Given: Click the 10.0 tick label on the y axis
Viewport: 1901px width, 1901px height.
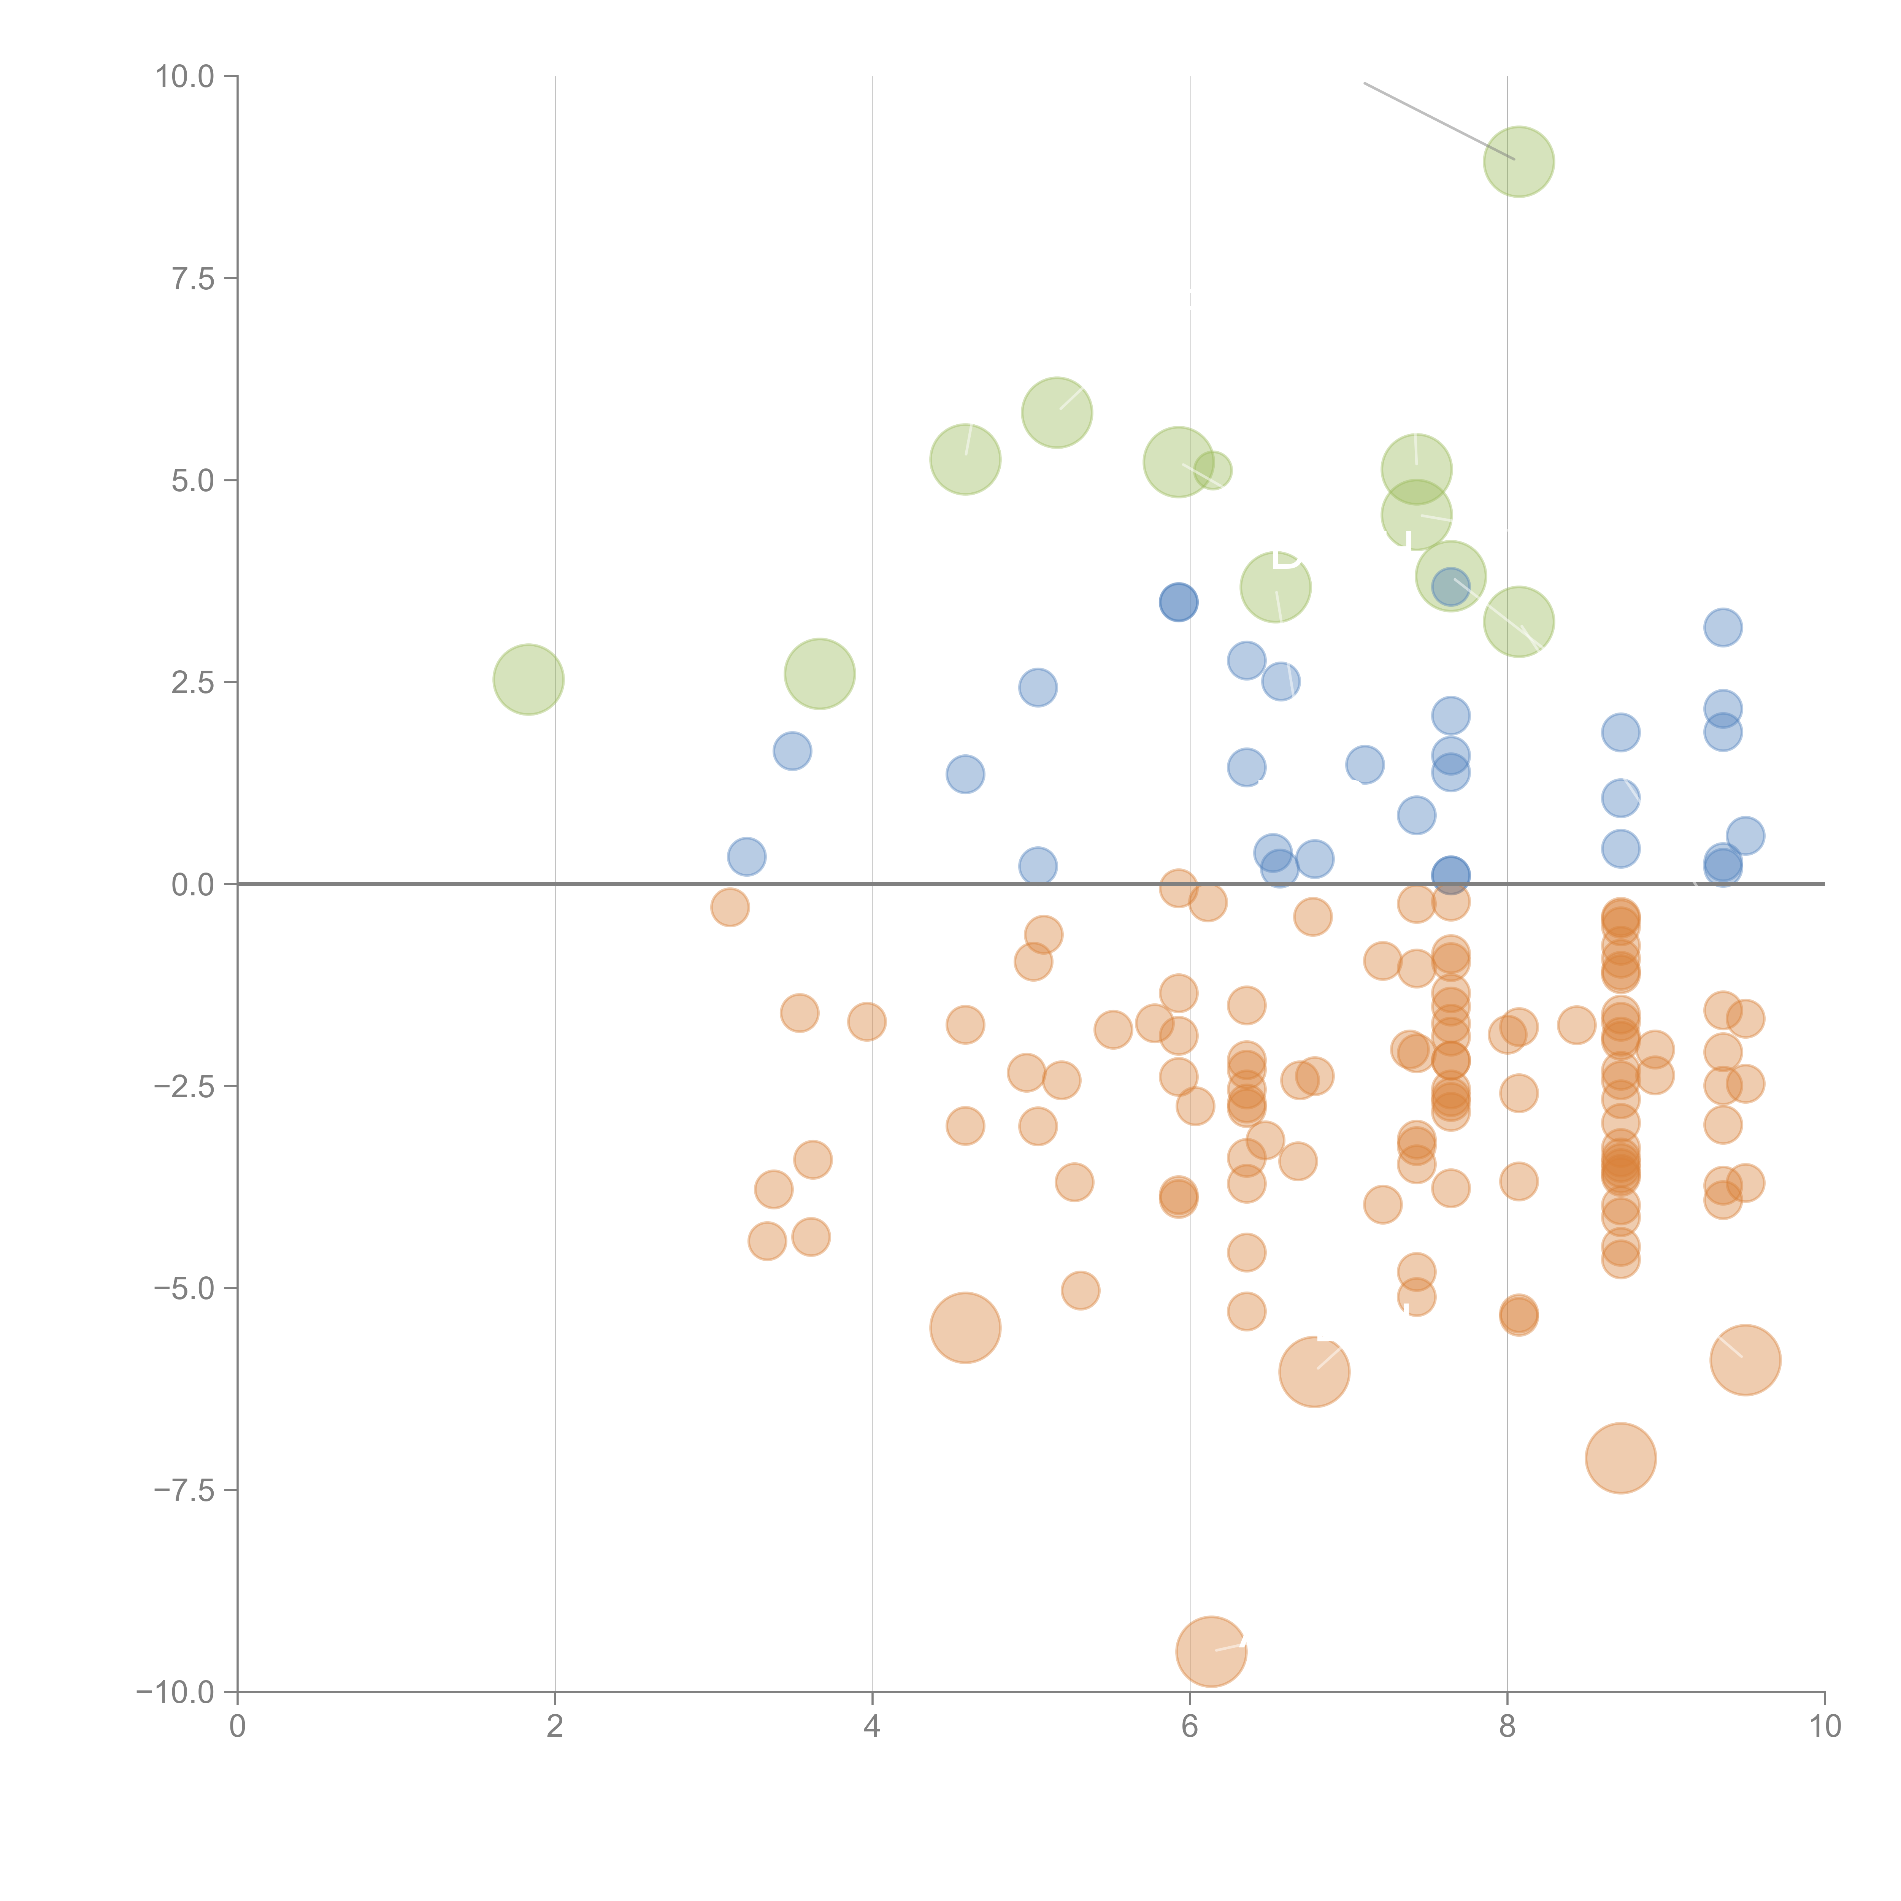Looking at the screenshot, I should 185,77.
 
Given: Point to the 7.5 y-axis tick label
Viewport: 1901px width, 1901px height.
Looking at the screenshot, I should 193,278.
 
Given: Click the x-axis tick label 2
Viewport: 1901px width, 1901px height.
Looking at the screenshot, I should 555,1727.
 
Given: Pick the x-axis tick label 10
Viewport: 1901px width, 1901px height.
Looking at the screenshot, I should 1824,1727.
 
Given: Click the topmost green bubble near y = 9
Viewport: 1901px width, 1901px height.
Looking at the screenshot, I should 1518,161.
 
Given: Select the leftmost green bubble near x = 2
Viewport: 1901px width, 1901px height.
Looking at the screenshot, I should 528,680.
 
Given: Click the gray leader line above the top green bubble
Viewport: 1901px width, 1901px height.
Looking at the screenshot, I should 1436,120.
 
